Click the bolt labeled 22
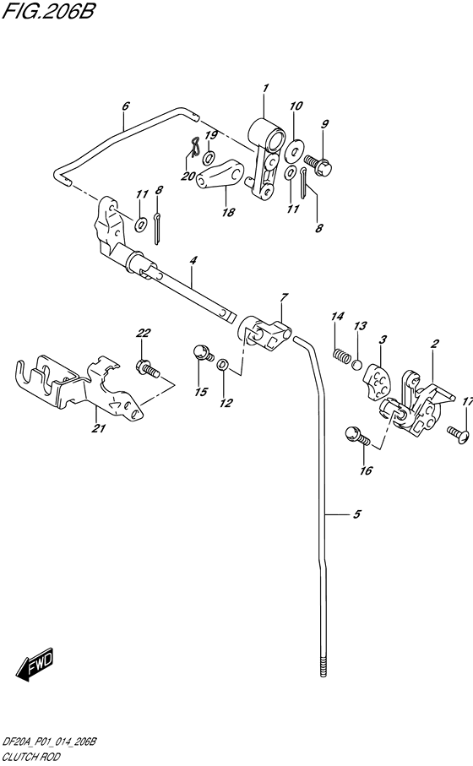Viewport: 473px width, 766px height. [145, 367]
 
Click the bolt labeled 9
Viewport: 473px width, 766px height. [316, 160]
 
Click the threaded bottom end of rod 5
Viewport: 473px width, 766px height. [324, 667]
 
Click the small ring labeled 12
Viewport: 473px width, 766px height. [222, 364]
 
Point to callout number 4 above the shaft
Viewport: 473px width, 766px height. [193, 261]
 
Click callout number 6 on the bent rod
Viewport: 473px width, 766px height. [125, 106]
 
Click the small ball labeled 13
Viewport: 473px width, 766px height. [357, 365]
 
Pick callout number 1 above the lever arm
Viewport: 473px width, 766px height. [264, 88]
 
